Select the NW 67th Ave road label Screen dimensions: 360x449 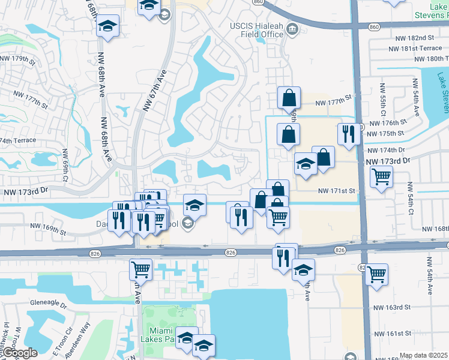pyautogui.click(x=154, y=90)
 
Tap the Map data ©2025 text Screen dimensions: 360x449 pyautogui.click(x=424, y=355)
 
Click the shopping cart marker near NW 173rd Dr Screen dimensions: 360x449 pyautogui.click(x=381, y=177)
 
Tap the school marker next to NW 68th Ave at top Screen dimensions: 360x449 pyautogui.click(x=108, y=26)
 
